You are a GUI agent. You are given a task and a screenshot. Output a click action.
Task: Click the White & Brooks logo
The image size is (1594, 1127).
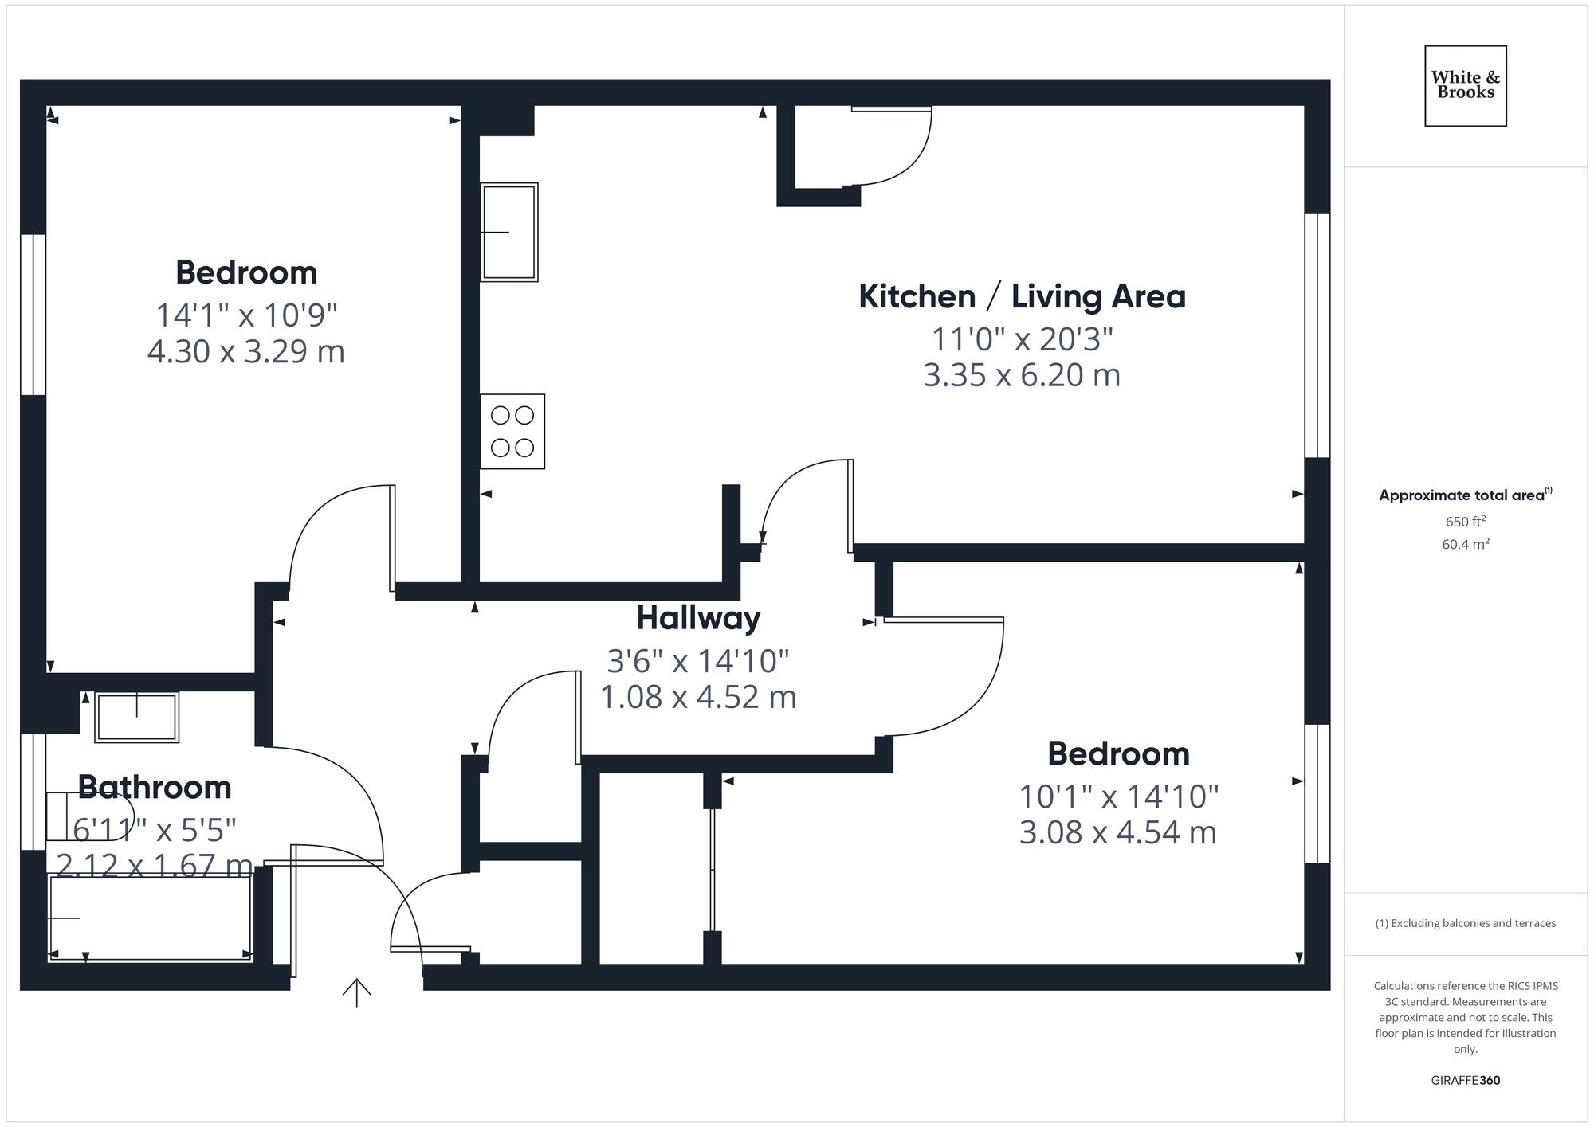[1465, 85]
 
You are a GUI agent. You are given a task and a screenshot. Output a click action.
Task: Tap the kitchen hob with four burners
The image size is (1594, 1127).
[512, 431]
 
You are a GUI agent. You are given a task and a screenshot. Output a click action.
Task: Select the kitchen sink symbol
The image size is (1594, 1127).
[508, 232]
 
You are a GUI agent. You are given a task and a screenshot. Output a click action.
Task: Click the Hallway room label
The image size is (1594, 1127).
[698, 618]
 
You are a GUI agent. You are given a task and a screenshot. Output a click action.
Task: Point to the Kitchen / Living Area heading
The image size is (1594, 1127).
[1022, 296]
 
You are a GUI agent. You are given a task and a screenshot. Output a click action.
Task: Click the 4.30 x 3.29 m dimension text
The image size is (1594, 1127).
[245, 351]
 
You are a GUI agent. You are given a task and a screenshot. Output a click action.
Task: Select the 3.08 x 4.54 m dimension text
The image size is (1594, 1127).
[1117, 832]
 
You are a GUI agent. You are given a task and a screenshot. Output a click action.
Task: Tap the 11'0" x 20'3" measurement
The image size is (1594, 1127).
[1022, 339]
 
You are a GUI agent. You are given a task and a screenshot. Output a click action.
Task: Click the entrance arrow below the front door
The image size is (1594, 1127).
[356, 992]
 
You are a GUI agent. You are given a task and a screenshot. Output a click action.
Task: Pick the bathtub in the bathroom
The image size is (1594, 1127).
[151, 918]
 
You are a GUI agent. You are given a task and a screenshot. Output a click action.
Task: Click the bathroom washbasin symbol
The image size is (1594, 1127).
[136, 717]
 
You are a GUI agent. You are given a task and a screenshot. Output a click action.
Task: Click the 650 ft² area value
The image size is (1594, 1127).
[1465, 522]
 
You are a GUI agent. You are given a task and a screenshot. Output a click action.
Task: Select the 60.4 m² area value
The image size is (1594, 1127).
[1465, 544]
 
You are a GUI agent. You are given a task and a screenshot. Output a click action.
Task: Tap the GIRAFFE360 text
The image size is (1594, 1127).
[1465, 1080]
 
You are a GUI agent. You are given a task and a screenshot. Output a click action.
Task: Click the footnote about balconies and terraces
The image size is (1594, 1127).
[1465, 923]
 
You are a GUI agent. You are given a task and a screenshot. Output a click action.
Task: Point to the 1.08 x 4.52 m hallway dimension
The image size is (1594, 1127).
[698, 697]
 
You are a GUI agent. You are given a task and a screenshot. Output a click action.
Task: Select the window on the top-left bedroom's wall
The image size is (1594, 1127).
[33, 315]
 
